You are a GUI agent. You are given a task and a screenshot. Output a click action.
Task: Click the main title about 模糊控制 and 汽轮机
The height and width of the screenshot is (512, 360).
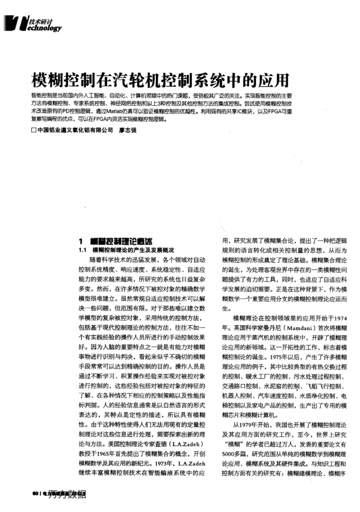point(159,80)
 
